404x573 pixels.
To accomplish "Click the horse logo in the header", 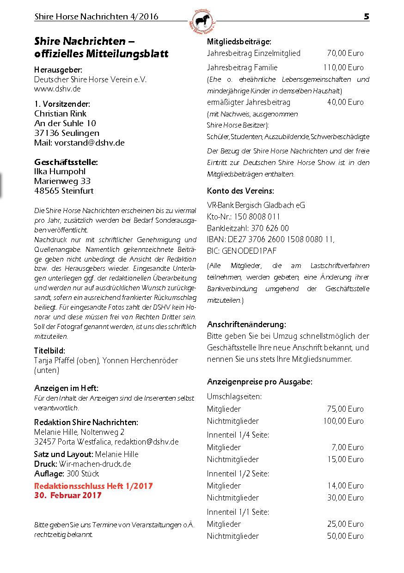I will click(202, 21).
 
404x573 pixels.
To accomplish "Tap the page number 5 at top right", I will click(366, 17).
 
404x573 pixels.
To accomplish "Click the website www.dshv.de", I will click(57, 89).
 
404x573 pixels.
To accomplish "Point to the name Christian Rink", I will click(60, 113).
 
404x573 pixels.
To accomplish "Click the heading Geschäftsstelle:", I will click(66, 162).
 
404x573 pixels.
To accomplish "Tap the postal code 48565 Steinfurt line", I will click(64, 190).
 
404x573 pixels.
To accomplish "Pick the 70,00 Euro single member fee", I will click(345, 53).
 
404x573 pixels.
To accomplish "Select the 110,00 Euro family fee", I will click(343, 67).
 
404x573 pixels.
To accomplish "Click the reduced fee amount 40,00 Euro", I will click(345, 102).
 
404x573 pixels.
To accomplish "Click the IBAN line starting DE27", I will click(270, 239).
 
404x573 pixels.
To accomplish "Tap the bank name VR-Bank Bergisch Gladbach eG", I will click(256, 205).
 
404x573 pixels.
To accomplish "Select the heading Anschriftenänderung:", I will click(246, 324).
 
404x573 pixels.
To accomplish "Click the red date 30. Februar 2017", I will click(68, 495).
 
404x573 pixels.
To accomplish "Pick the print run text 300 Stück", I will click(83, 474).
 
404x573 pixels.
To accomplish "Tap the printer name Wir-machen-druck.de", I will click(95, 464).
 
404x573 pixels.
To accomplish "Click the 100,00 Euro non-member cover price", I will click(343, 421).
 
